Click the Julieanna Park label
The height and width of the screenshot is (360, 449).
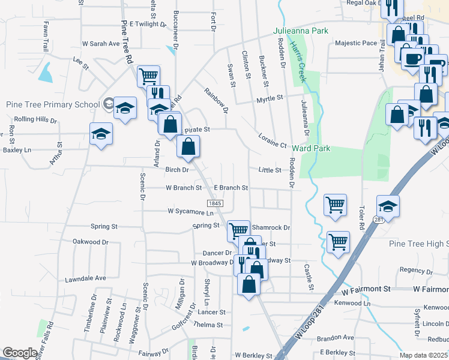[301, 30]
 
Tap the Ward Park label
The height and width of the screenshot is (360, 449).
[312, 148]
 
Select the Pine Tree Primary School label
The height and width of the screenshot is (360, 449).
[53, 104]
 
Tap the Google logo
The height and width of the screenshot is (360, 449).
[20, 353]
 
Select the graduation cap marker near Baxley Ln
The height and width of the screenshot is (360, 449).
[101, 134]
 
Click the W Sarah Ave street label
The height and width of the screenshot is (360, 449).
[101, 44]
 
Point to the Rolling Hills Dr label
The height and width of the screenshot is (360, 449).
[35, 120]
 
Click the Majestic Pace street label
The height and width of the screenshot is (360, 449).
[355, 43]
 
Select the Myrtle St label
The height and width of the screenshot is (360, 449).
[270, 98]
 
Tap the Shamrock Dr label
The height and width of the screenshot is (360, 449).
[271, 228]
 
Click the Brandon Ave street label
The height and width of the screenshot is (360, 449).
[336, 338]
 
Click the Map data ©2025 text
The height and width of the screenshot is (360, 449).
[424, 355]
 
